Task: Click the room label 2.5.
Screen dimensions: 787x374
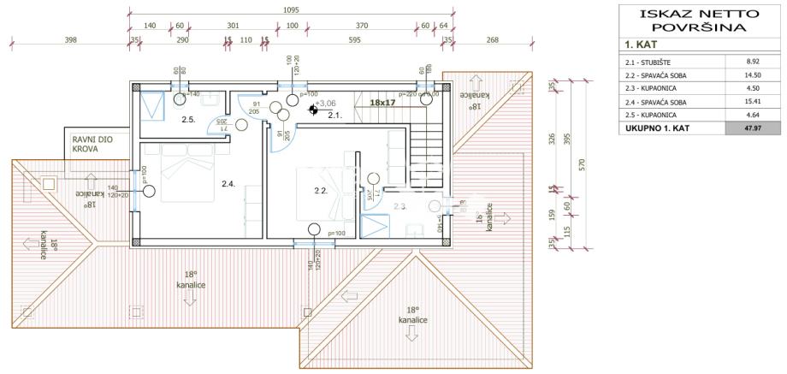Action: click(188, 120)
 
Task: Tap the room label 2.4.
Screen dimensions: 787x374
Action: click(228, 184)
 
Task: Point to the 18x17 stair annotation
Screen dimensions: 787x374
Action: click(382, 103)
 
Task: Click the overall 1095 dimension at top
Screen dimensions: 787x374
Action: click(292, 10)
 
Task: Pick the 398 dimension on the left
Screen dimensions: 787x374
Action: click(71, 39)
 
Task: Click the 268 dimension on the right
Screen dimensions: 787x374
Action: click(492, 39)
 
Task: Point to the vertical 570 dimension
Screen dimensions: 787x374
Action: click(582, 163)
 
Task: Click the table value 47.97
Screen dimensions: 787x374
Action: click(752, 128)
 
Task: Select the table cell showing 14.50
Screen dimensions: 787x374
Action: click(752, 75)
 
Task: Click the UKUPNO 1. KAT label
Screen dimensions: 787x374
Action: click(658, 128)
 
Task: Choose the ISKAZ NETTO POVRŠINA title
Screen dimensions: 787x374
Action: click(694, 21)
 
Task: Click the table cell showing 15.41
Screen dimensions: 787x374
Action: click(752, 102)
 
